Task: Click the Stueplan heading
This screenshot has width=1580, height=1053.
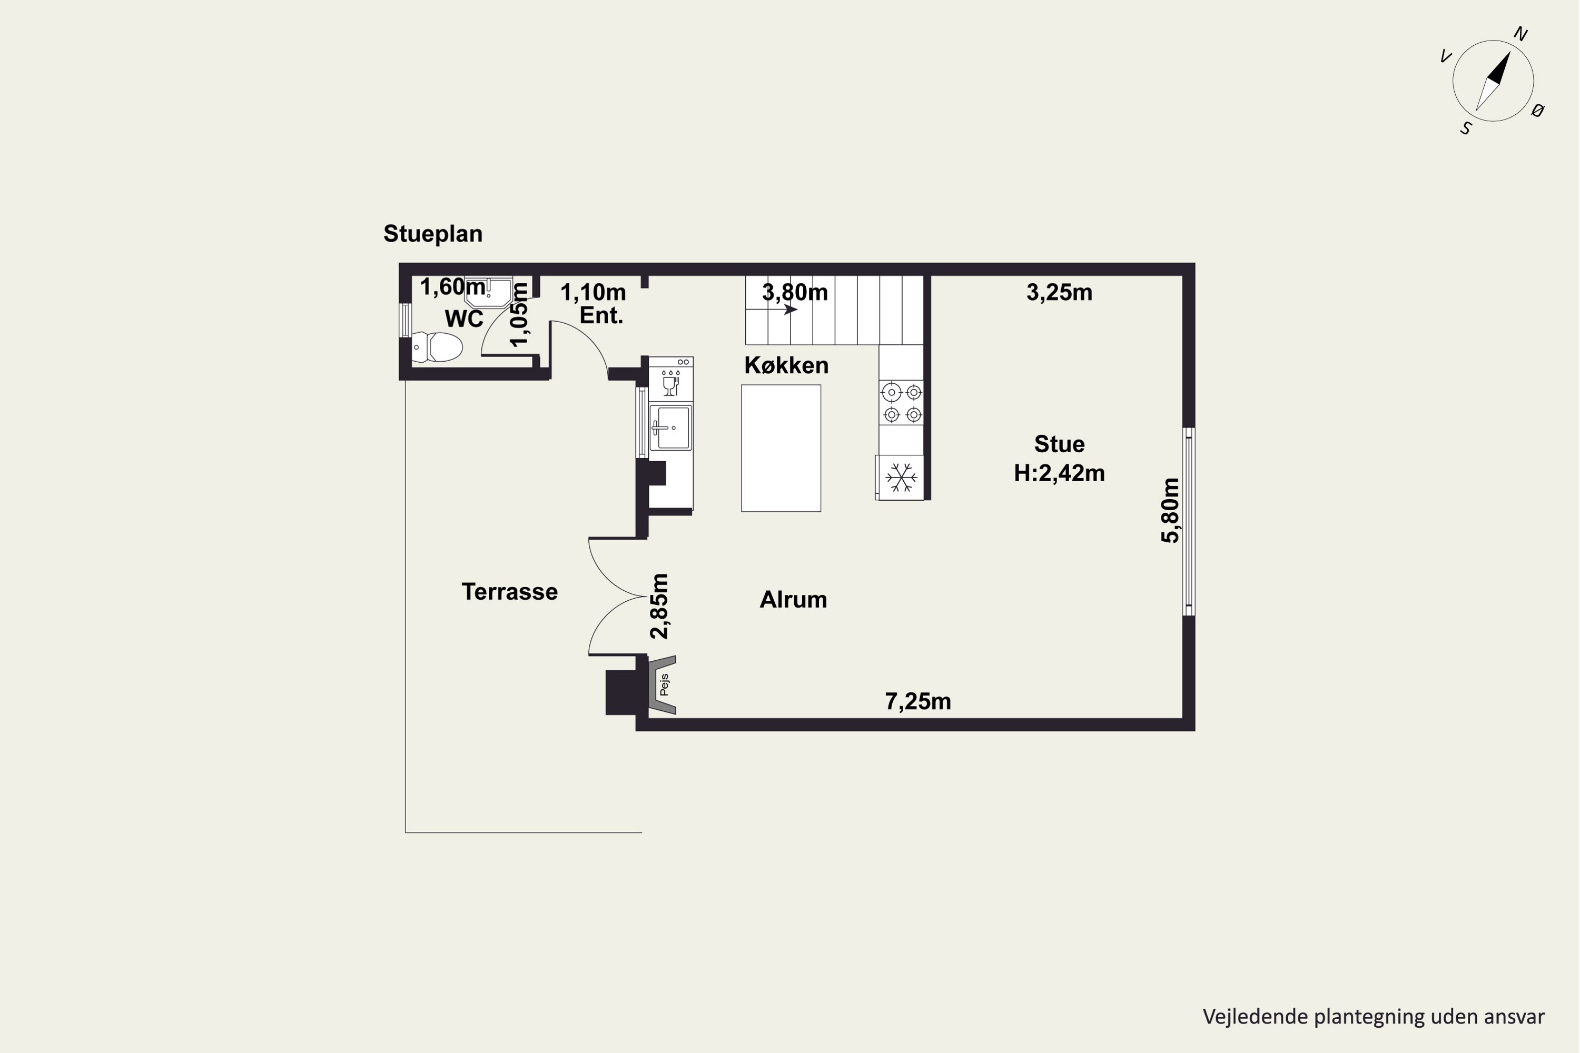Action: (432, 234)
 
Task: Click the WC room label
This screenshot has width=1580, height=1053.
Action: (464, 319)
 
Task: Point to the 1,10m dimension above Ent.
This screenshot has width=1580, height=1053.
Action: (593, 292)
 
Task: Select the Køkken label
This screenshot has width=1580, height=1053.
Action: (786, 365)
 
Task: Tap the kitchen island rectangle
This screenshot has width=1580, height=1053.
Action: (781, 448)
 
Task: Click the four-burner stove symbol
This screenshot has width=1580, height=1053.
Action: (902, 403)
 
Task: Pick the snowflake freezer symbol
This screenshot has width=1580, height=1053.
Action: (901, 478)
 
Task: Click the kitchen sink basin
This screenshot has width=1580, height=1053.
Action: (671, 427)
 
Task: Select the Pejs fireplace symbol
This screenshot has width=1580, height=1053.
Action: (661, 685)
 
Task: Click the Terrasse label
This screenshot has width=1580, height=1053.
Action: (509, 592)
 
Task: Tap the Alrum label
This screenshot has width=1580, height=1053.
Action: (793, 600)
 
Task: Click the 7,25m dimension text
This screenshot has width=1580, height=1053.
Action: (917, 702)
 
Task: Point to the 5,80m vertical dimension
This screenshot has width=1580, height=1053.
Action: (1170, 510)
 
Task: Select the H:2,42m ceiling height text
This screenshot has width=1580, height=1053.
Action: (1059, 473)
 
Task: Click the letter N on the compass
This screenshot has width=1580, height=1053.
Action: (1520, 34)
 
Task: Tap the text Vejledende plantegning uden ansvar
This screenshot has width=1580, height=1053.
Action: (1373, 1017)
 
